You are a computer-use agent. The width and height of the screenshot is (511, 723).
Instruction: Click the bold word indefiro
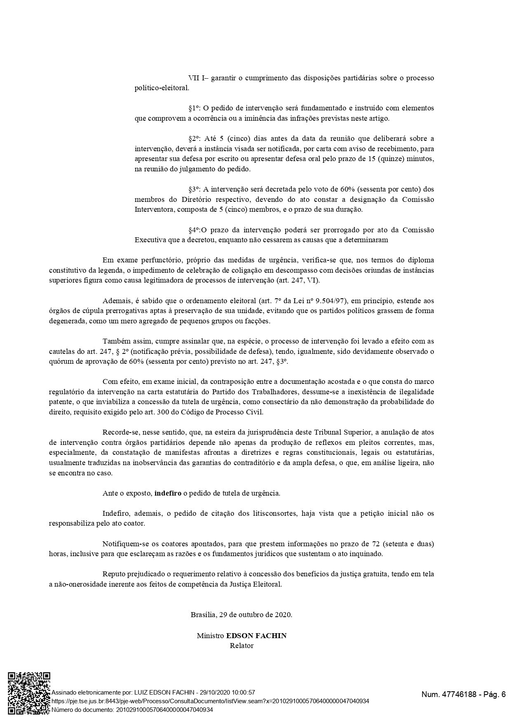[x=168, y=493]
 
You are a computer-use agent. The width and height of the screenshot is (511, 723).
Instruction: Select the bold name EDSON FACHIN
[x=256, y=636]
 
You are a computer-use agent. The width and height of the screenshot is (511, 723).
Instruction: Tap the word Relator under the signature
[x=241, y=646]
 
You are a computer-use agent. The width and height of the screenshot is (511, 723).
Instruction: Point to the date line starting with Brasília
[x=241, y=615]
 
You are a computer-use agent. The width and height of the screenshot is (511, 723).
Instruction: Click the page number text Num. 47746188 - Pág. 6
[x=463, y=695]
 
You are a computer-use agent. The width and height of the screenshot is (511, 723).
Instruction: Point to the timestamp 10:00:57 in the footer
[x=241, y=693]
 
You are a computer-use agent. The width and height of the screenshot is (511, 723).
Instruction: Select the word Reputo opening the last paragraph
[x=114, y=574]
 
